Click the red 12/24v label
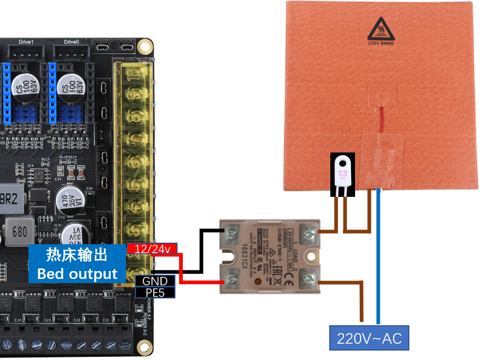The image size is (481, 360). tap(153, 248)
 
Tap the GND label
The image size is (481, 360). tap(155, 281)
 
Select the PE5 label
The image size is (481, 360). tap(155, 292)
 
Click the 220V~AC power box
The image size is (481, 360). tap(369, 338)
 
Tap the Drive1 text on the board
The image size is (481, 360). tap(26, 42)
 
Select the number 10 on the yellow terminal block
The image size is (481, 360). tap(135, 75)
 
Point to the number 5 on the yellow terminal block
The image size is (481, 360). tap(135, 184)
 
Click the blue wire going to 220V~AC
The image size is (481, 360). tap(378, 263)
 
